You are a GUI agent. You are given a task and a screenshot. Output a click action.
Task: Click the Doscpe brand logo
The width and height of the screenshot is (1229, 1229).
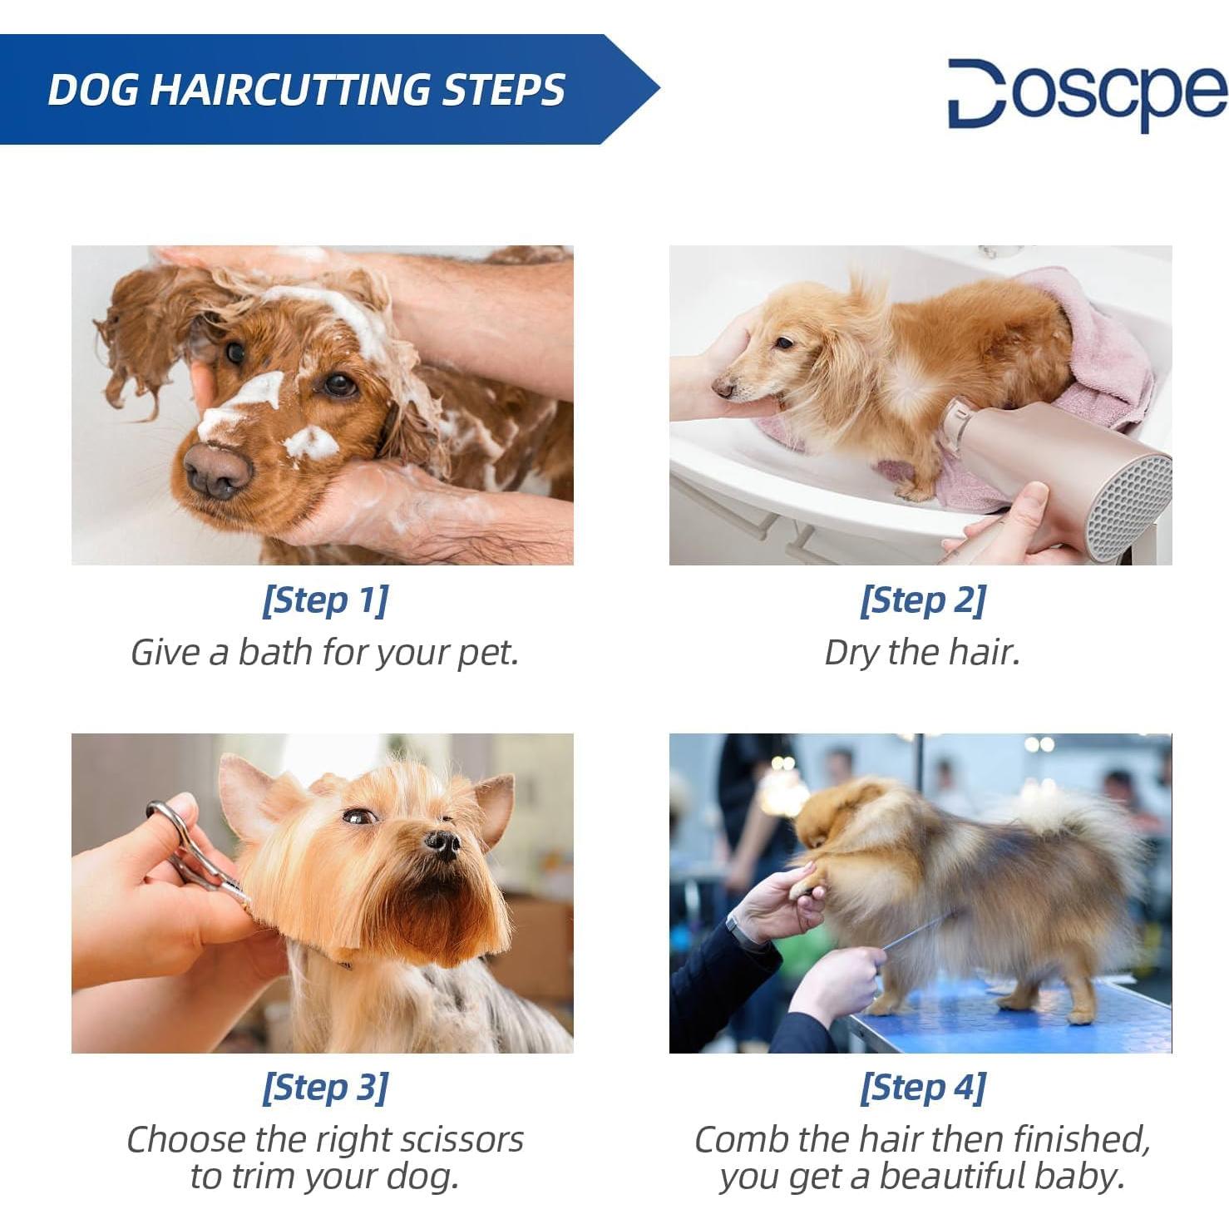click(x=1087, y=93)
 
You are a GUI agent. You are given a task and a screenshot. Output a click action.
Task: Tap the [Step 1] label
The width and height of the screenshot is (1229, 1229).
click(x=324, y=600)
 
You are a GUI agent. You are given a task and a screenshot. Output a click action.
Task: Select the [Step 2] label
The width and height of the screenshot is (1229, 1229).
click(x=922, y=600)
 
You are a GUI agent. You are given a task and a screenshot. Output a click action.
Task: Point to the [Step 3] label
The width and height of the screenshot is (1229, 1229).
click(x=324, y=1088)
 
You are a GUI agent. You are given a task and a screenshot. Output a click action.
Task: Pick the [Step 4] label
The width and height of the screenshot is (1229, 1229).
click(x=922, y=1088)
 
